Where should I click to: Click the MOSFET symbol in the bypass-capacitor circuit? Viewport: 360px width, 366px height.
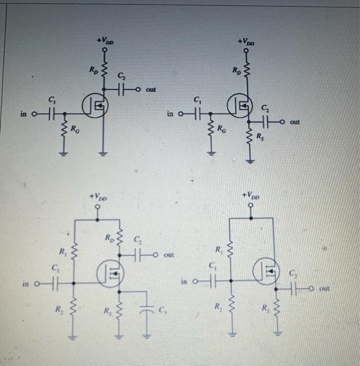(x=111, y=271)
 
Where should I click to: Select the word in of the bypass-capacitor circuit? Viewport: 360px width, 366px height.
(x=26, y=284)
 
